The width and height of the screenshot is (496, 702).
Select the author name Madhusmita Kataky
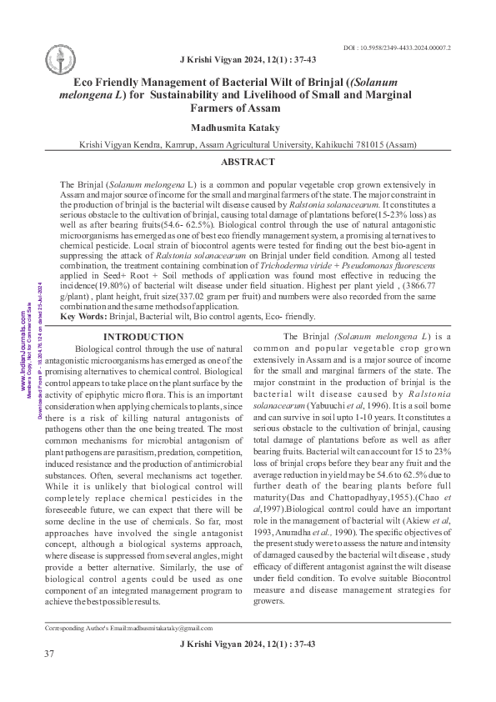248,127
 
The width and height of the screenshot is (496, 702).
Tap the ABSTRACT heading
248,162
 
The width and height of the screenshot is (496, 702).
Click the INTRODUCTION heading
143,337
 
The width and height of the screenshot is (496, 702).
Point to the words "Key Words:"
83,316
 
